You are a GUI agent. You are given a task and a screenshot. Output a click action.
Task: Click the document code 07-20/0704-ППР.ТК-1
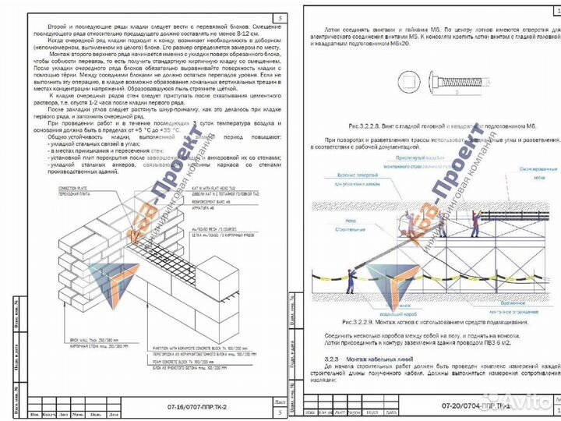coord(476,405)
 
